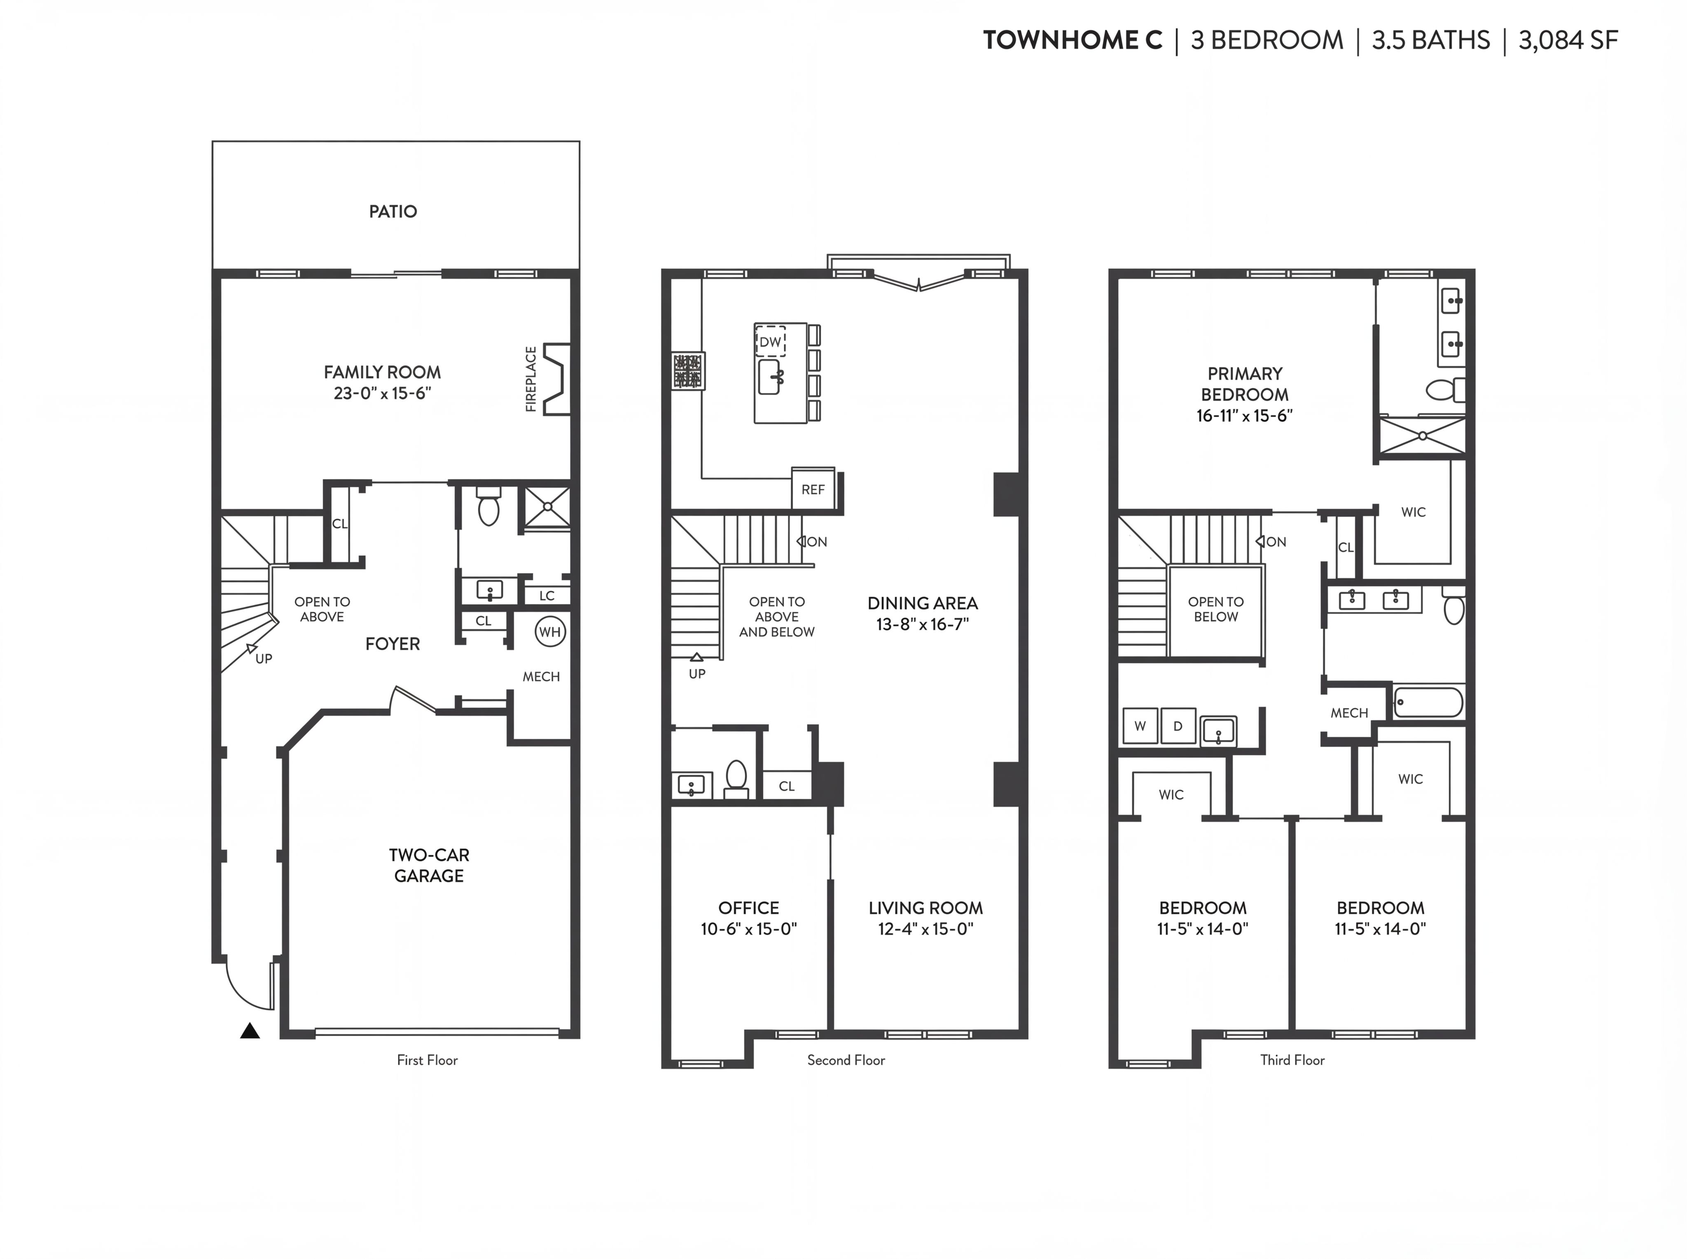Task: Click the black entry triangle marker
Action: point(250,1031)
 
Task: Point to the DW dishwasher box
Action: point(770,341)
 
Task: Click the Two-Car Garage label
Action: point(429,865)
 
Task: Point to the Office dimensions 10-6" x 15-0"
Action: point(749,928)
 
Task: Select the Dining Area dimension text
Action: point(923,624)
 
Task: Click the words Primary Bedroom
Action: point(1245,384)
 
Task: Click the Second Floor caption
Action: point(846,1060)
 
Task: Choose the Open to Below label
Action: point(1216,609)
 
